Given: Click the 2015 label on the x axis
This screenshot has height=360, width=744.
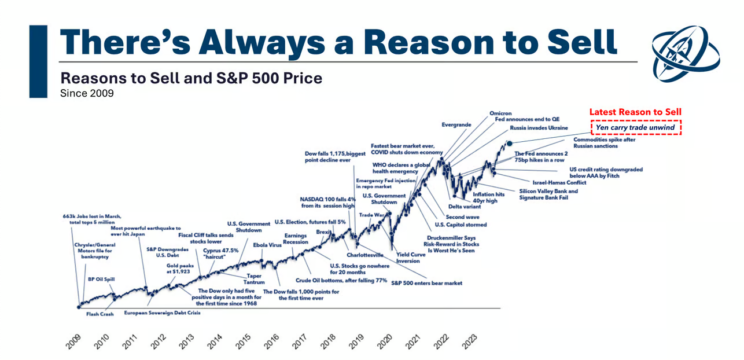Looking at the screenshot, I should coord(243,340).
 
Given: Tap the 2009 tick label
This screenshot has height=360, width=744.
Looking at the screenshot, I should coord(73,340).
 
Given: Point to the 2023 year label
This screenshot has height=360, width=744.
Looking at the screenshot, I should coord(469,340).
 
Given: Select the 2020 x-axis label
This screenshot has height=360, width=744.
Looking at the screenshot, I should coord(385,340).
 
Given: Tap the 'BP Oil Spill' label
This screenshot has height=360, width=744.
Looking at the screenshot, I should coord(101,279).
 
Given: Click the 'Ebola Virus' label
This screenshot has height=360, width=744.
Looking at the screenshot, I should coord(267,245).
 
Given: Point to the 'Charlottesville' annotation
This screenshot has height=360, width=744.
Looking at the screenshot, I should coord(365,255).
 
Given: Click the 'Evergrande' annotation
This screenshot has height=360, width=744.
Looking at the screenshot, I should coord(456,124).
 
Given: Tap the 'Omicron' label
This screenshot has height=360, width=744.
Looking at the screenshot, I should coord(501,113).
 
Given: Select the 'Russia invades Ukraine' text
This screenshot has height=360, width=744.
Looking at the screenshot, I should coord(539,128).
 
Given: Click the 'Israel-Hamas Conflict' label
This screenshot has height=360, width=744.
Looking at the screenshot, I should coord(559,182).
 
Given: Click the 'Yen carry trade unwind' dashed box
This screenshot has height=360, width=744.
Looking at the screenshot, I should coord(635,127).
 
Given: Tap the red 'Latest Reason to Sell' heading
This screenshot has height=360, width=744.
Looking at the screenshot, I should coord(635,112).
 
